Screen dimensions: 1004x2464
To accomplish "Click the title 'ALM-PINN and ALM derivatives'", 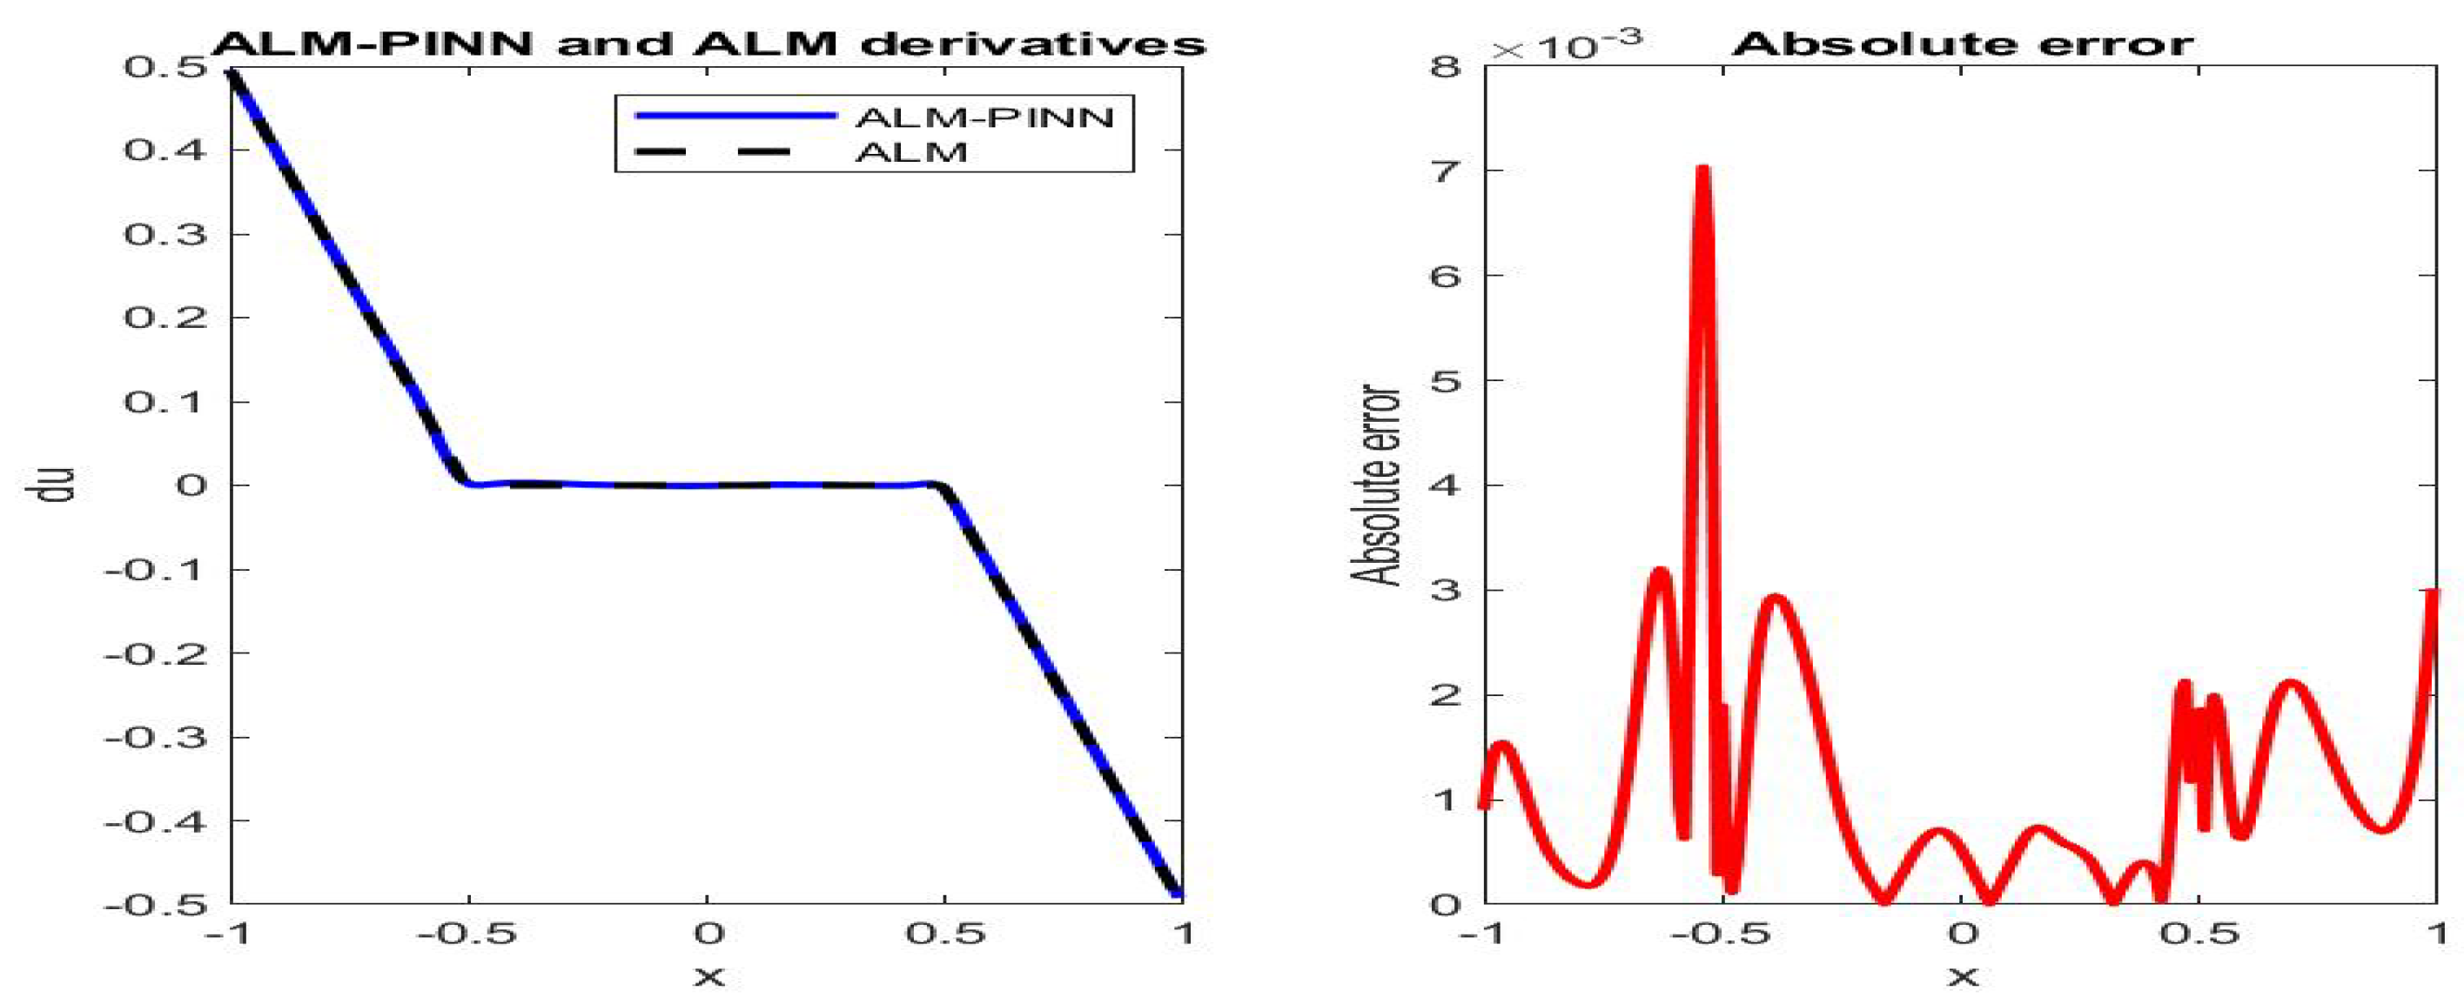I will pos(708,44).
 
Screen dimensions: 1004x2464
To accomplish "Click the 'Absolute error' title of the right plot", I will pos(1963,44).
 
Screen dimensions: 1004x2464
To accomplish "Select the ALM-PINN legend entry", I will pos(984,117).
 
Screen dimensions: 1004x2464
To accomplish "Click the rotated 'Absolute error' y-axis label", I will pos(1375,485).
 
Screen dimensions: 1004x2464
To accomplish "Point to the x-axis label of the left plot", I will pos(708,976).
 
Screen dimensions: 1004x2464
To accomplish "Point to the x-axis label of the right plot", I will pos(1963,976).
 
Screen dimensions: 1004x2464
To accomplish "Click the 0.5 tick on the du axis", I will pos(164,68).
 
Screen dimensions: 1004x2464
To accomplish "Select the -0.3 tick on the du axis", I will pos(155,737).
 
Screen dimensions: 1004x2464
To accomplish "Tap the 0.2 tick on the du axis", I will pos(164,318).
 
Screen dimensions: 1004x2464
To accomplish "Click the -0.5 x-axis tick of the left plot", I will pos(467,934).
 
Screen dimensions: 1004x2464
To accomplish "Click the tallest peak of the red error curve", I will pos(1702,171).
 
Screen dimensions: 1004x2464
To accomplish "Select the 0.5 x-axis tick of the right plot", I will pos(2199,934).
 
